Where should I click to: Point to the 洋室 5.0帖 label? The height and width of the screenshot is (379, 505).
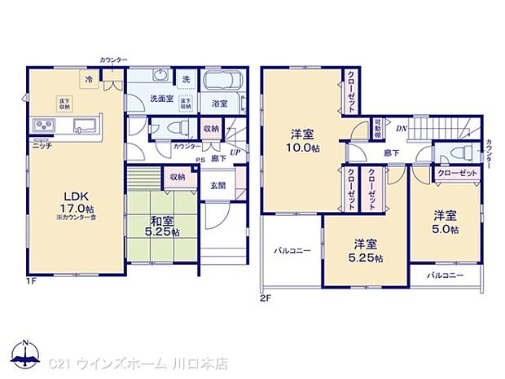tap(445, 221)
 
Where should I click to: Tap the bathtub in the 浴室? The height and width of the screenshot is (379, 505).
tap(221, 82)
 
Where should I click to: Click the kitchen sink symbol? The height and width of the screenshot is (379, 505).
tap(84, 126)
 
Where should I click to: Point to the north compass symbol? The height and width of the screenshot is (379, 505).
tap(25, 350)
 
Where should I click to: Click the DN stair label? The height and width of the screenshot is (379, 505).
tap(401, 128)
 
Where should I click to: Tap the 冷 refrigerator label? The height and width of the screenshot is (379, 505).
tap(87, 79)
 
